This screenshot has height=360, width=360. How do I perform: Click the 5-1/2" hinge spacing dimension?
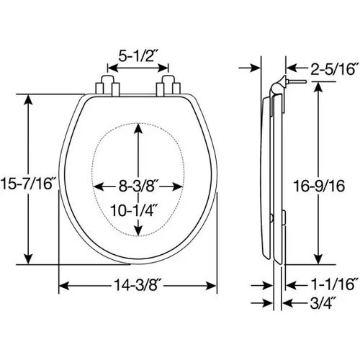coord(137,57)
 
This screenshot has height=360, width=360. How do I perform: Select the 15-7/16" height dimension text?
coord(27,184)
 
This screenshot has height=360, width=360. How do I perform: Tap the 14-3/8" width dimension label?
coord(136,285)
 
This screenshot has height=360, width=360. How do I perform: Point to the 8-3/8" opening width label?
coord(137,186)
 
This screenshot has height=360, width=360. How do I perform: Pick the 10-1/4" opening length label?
coord(135,210)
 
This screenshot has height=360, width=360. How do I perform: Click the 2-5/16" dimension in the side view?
coord(334,68)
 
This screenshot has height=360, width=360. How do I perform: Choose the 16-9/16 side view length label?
coord(319,186)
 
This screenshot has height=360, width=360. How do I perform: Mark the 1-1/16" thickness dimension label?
coord(334,285)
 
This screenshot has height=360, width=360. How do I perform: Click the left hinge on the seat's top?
coord(107,86)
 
